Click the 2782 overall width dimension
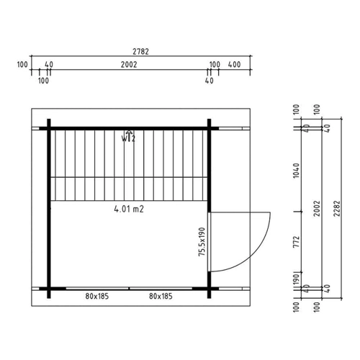click(141, 52)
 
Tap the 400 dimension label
click(234, 65)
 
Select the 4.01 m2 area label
click(129, 210)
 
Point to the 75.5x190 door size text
click(202, 242)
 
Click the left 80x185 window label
click(97, 297)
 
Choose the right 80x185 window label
click(161, 297)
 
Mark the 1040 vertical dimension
click(297, 171)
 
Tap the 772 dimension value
click(297, 242)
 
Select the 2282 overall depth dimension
click(337, 209)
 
